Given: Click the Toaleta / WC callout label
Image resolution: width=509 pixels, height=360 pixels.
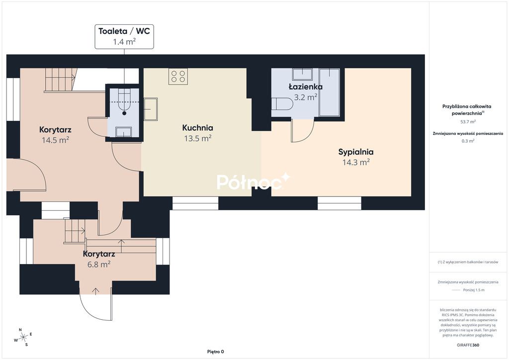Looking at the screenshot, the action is [124, 37].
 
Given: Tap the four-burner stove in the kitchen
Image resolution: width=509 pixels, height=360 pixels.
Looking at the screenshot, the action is [178, 77].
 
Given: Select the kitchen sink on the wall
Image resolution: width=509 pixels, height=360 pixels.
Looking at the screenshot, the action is [151, 109].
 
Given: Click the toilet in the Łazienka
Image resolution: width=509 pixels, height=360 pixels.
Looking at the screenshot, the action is [282, 104].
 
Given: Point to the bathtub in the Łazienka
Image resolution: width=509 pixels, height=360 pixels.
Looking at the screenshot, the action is [329, 92].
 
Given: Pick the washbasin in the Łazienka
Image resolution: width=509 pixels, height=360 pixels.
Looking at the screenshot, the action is [303, 75].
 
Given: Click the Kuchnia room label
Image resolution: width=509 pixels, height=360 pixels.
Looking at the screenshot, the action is [197, 128].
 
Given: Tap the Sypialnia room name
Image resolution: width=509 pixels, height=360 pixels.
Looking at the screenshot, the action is [356, 152].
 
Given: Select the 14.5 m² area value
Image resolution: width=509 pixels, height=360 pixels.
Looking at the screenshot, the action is [55, 140].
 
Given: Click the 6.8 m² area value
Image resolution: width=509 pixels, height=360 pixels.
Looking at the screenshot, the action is [99, 264].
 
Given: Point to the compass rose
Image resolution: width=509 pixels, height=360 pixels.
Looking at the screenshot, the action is [23, 337].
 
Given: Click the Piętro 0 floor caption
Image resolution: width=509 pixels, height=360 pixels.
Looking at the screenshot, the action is [216, 352].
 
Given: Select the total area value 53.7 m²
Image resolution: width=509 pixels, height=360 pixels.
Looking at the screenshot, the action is [468, 122].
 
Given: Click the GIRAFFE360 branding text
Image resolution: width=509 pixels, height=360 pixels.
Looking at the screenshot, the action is [468, 345].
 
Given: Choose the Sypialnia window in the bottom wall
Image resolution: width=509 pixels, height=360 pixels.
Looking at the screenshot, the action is [339, 203].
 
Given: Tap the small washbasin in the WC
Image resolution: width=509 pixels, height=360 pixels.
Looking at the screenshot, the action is [124, 132].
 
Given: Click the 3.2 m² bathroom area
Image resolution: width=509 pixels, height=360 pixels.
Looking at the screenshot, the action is [306, 97].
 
